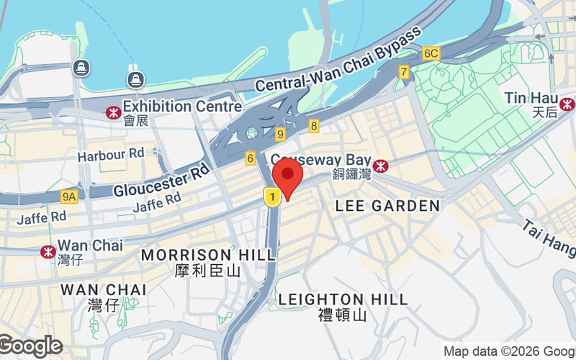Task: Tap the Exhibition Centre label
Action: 181,107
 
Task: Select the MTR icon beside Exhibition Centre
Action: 112,112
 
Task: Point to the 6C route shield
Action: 431,53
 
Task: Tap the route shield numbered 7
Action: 404,72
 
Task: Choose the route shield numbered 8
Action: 314,126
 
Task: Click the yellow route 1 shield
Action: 271,197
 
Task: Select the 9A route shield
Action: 69,196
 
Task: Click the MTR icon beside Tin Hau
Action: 567,105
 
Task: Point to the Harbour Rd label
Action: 111,154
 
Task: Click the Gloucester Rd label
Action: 161,181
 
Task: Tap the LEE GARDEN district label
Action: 387,206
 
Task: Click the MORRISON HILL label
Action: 208,255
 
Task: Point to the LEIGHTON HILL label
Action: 343,299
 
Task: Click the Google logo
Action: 31,346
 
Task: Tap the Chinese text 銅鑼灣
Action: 351,174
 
